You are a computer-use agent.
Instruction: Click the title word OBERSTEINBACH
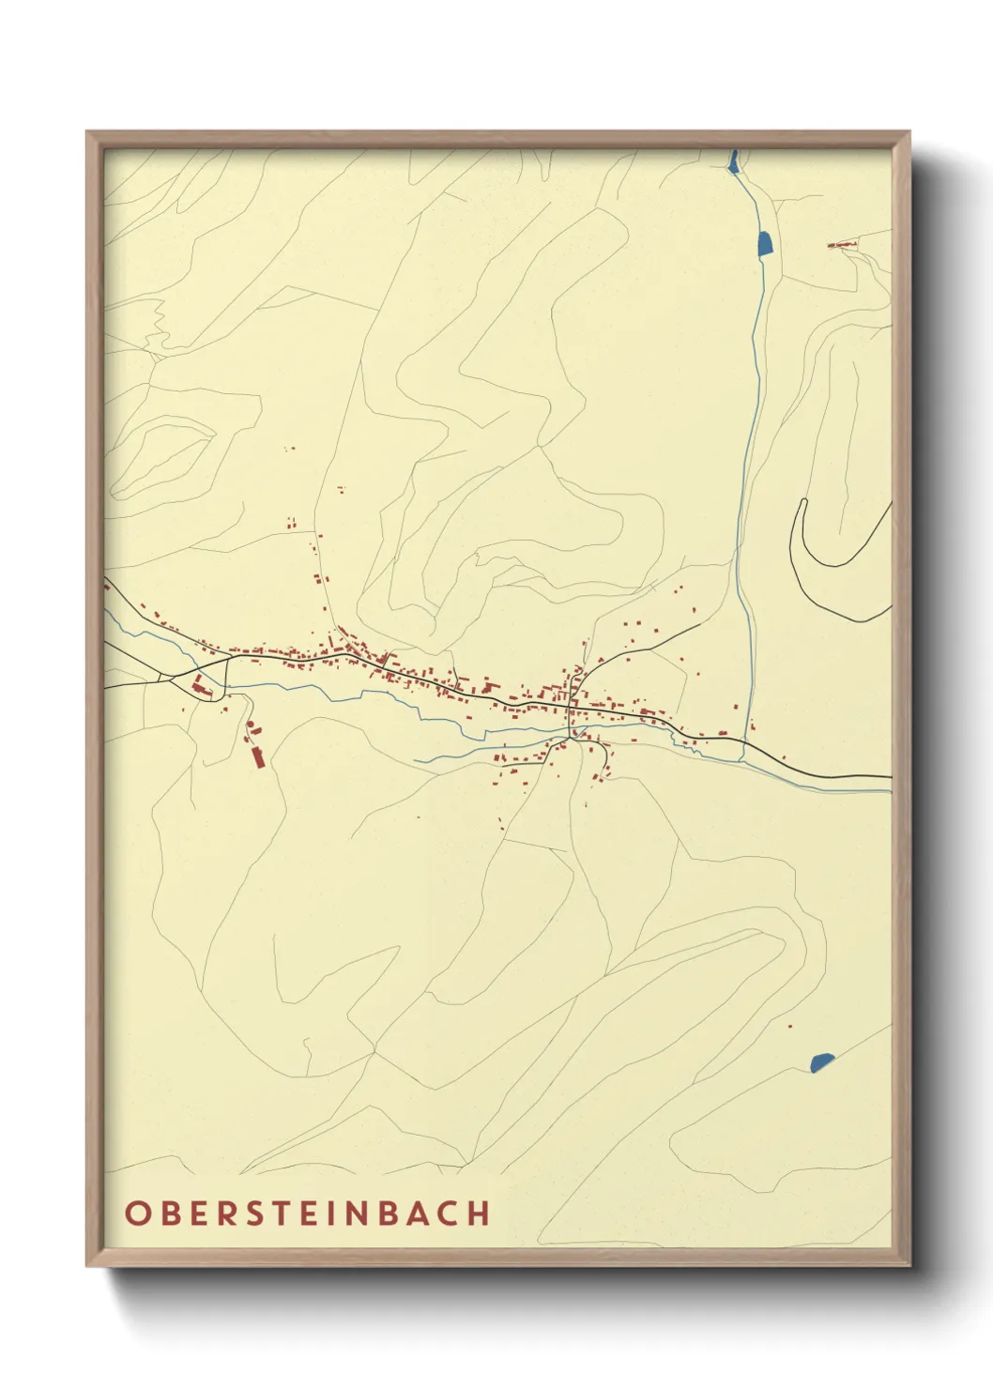tap(307, 1213)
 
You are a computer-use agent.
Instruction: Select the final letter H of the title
tap(481, 1213)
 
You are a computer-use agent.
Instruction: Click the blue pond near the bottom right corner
tap(821, 1061)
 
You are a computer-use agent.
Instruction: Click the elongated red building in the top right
tap(842, 245)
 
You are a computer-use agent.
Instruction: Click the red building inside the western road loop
tap(199, 684)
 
